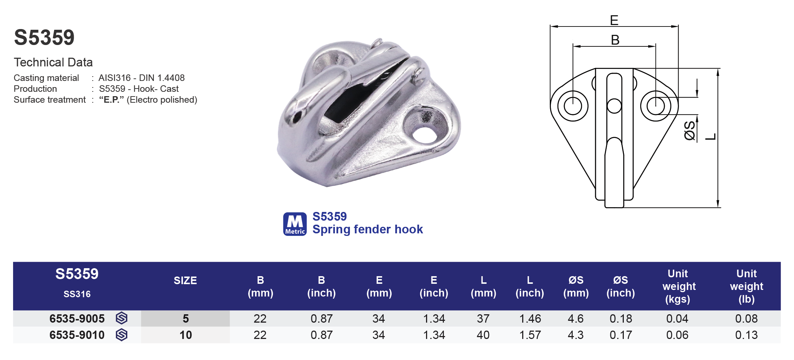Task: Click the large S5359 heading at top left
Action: (44, 37)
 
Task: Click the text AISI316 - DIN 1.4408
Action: (142, 78)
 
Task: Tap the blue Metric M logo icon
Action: (295, 224)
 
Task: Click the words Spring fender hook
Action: (367, 229)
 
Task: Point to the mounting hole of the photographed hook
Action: (424, 134)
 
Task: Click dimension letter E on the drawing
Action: (614, 20)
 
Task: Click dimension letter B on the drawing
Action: (615, 40)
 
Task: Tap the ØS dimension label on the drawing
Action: (689, 131)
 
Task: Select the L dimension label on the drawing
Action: (711, 137)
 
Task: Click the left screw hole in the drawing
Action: (573, 106)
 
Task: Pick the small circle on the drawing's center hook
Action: (614, 106)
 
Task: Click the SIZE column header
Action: (185, 281)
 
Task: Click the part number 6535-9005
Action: (77, 319)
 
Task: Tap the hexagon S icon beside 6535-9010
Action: (122, 335)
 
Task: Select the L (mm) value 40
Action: (483, 335)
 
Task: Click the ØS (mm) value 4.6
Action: (576, 319)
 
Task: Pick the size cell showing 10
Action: (185, 335)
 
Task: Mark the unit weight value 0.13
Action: (746, 335)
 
